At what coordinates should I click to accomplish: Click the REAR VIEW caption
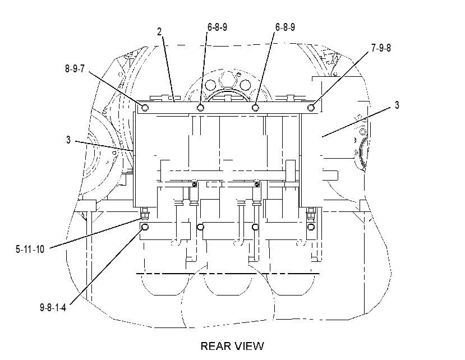232,346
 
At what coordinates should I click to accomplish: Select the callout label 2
159,32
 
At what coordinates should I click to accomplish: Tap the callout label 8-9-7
75,68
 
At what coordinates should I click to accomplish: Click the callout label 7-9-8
381,48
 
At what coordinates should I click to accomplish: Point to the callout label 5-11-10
30,249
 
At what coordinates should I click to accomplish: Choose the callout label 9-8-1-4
53,307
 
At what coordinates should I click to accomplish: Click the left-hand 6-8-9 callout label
218,27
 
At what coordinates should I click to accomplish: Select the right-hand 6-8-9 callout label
286,27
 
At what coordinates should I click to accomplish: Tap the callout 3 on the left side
68,140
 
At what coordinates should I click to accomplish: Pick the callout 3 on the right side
397,105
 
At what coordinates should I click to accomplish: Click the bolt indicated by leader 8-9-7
145,107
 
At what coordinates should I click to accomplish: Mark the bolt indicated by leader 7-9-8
311,107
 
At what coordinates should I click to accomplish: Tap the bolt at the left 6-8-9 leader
200,107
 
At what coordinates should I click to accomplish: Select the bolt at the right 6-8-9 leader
255,107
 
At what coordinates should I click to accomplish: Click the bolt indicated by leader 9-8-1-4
145,227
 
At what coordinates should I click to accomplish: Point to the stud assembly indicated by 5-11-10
145,214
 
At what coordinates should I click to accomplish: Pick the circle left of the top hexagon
211,85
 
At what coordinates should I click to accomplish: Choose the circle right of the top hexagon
245,85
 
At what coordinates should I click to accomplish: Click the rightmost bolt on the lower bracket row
311,227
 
